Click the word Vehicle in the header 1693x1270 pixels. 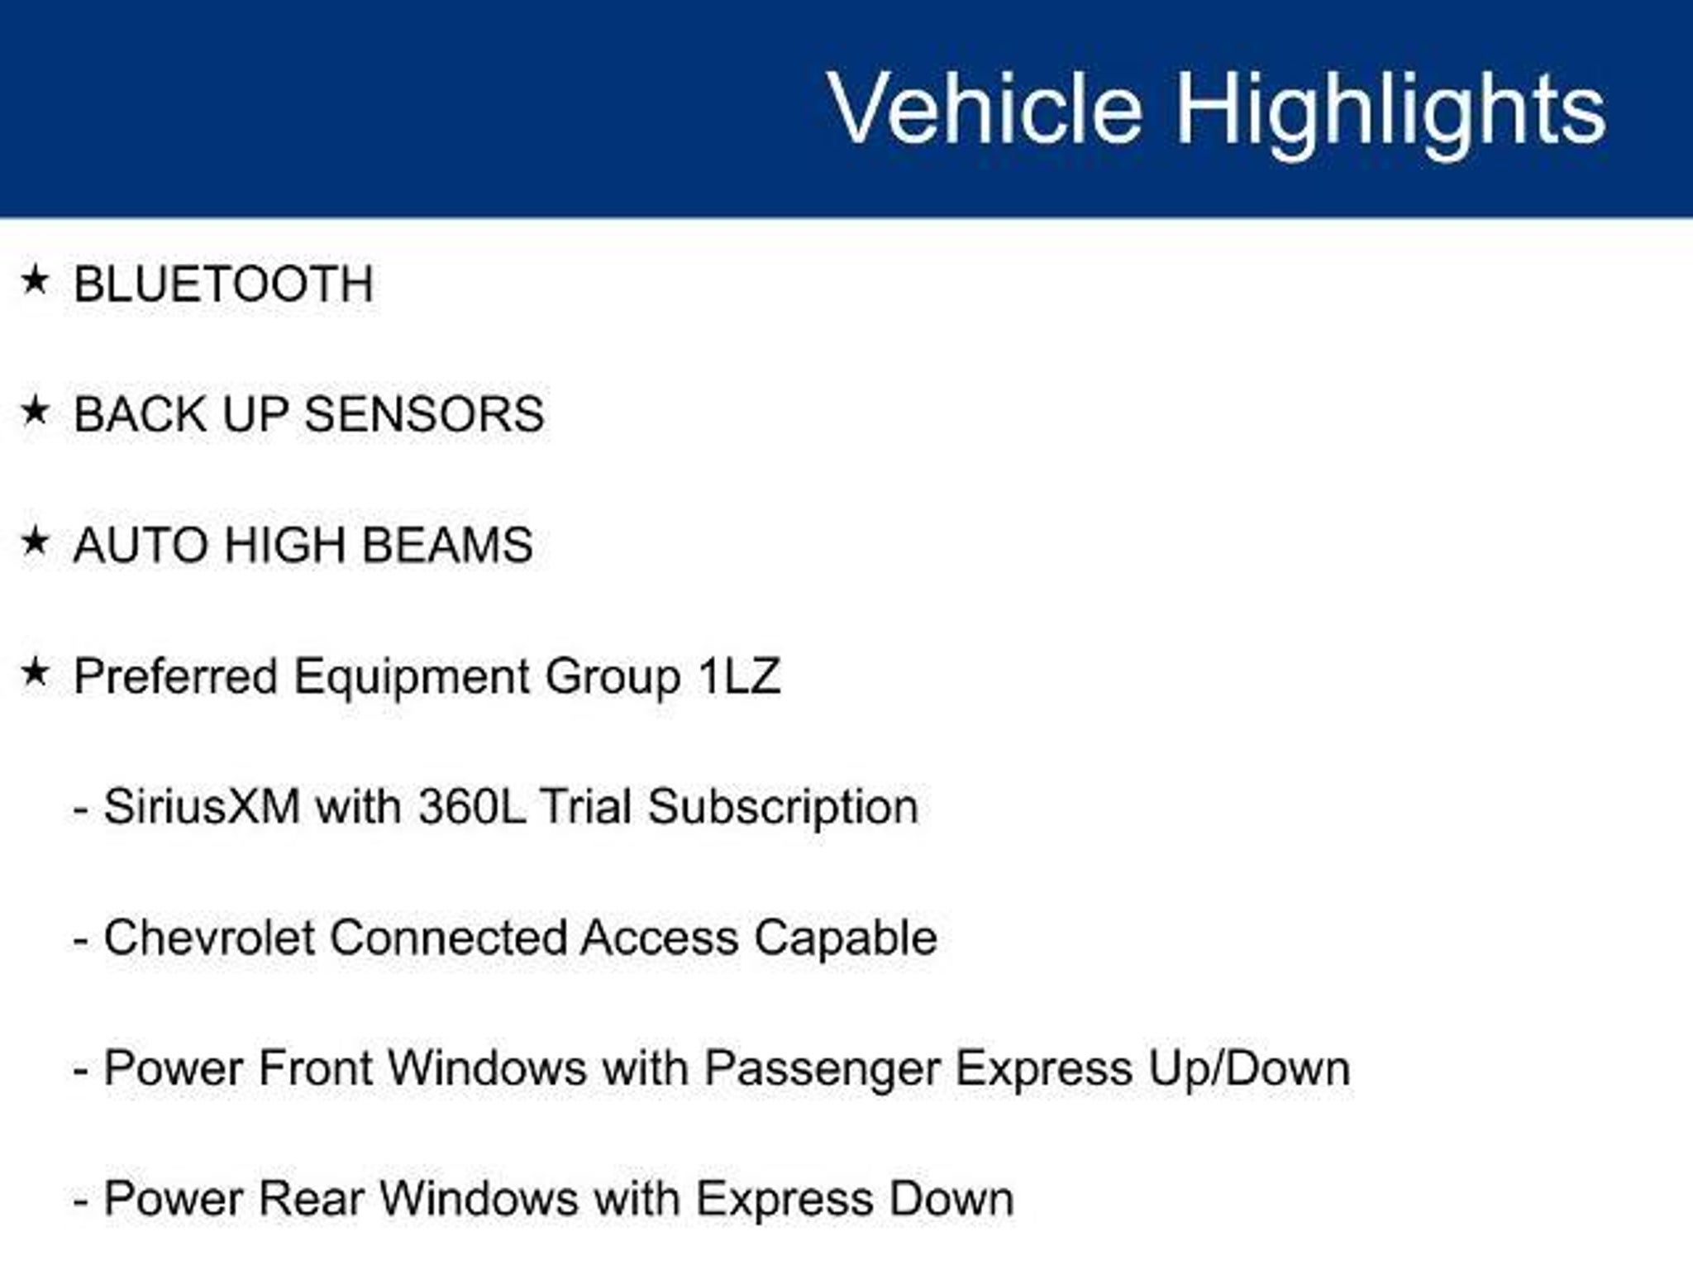coord(985,108)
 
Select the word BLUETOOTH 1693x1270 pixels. coord(223,284)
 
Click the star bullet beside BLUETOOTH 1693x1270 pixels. coord(35,279)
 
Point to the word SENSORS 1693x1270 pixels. coord(424,413)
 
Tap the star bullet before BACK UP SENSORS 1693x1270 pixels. coord(35,410)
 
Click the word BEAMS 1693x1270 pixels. coord(447,545)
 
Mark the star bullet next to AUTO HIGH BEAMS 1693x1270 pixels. coord(35,542)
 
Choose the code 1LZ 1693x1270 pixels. coord(739,676)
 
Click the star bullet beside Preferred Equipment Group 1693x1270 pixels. coord(35,672)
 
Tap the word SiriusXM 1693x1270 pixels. coord(202,806)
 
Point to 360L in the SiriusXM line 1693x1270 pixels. coord(471,806)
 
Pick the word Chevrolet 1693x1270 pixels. coord(208,938)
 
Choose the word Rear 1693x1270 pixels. coord(312,1199)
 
